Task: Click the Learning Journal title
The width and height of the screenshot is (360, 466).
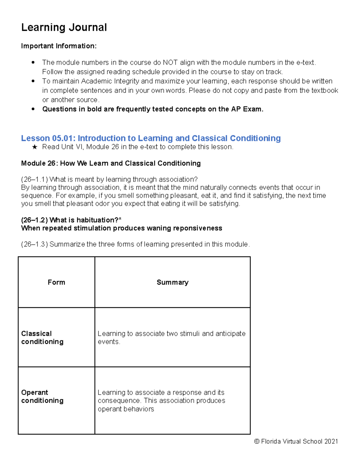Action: coord(64,27)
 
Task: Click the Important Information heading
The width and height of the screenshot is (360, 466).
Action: coord(59,46)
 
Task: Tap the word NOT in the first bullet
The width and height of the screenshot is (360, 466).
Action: coord(170,62)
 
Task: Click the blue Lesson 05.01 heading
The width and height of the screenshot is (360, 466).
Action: coord(151,138)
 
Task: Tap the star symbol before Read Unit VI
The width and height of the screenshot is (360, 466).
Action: coord(34,147)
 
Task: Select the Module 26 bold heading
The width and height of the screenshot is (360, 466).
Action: coord(111,163)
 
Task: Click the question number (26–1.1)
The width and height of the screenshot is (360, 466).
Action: coord(34,179)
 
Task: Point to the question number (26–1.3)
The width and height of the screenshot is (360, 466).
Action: coord(34,244)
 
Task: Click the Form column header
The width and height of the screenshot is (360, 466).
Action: coord(56,282)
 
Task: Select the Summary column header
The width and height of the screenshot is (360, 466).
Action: coord(172,282)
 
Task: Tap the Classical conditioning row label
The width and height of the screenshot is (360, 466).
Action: coord(42,338)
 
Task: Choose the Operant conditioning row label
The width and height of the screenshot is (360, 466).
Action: coord(42,396)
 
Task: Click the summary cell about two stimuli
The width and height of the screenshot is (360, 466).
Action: coord(171,338)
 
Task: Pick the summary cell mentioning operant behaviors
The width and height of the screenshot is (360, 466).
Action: coord(161,401)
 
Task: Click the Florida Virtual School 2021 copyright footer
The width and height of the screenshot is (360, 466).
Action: coord(296,441)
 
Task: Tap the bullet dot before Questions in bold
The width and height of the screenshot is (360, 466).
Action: coord(33,109)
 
